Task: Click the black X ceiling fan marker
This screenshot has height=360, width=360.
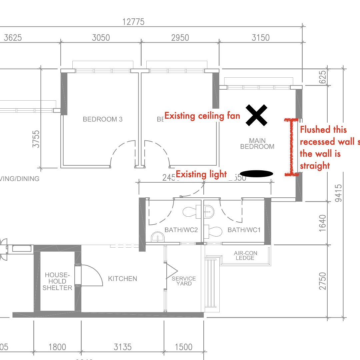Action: [x=257, y=115]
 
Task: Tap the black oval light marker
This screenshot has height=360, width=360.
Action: [x=256, y=173]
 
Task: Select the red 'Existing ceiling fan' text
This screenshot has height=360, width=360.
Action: [x=202, y=116]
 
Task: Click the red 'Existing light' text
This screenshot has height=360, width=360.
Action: [x=201, y=174]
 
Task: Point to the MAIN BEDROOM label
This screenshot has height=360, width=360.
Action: [x=257, y=144]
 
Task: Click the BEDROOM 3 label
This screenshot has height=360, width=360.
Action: [x=103, y=119]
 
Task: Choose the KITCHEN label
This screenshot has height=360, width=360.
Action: [x=122, y=279]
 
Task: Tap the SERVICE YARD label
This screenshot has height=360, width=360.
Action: [x=184, y=281]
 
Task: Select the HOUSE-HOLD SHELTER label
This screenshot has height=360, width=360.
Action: [x=57, y=281]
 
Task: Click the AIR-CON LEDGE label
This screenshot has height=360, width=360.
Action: [x=245, y=255]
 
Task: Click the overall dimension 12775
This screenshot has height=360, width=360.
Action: [x=133, y=22]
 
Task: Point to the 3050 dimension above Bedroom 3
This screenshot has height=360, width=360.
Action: [x=101, y=37]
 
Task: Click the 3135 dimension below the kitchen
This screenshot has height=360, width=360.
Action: [x=122, y=347]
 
